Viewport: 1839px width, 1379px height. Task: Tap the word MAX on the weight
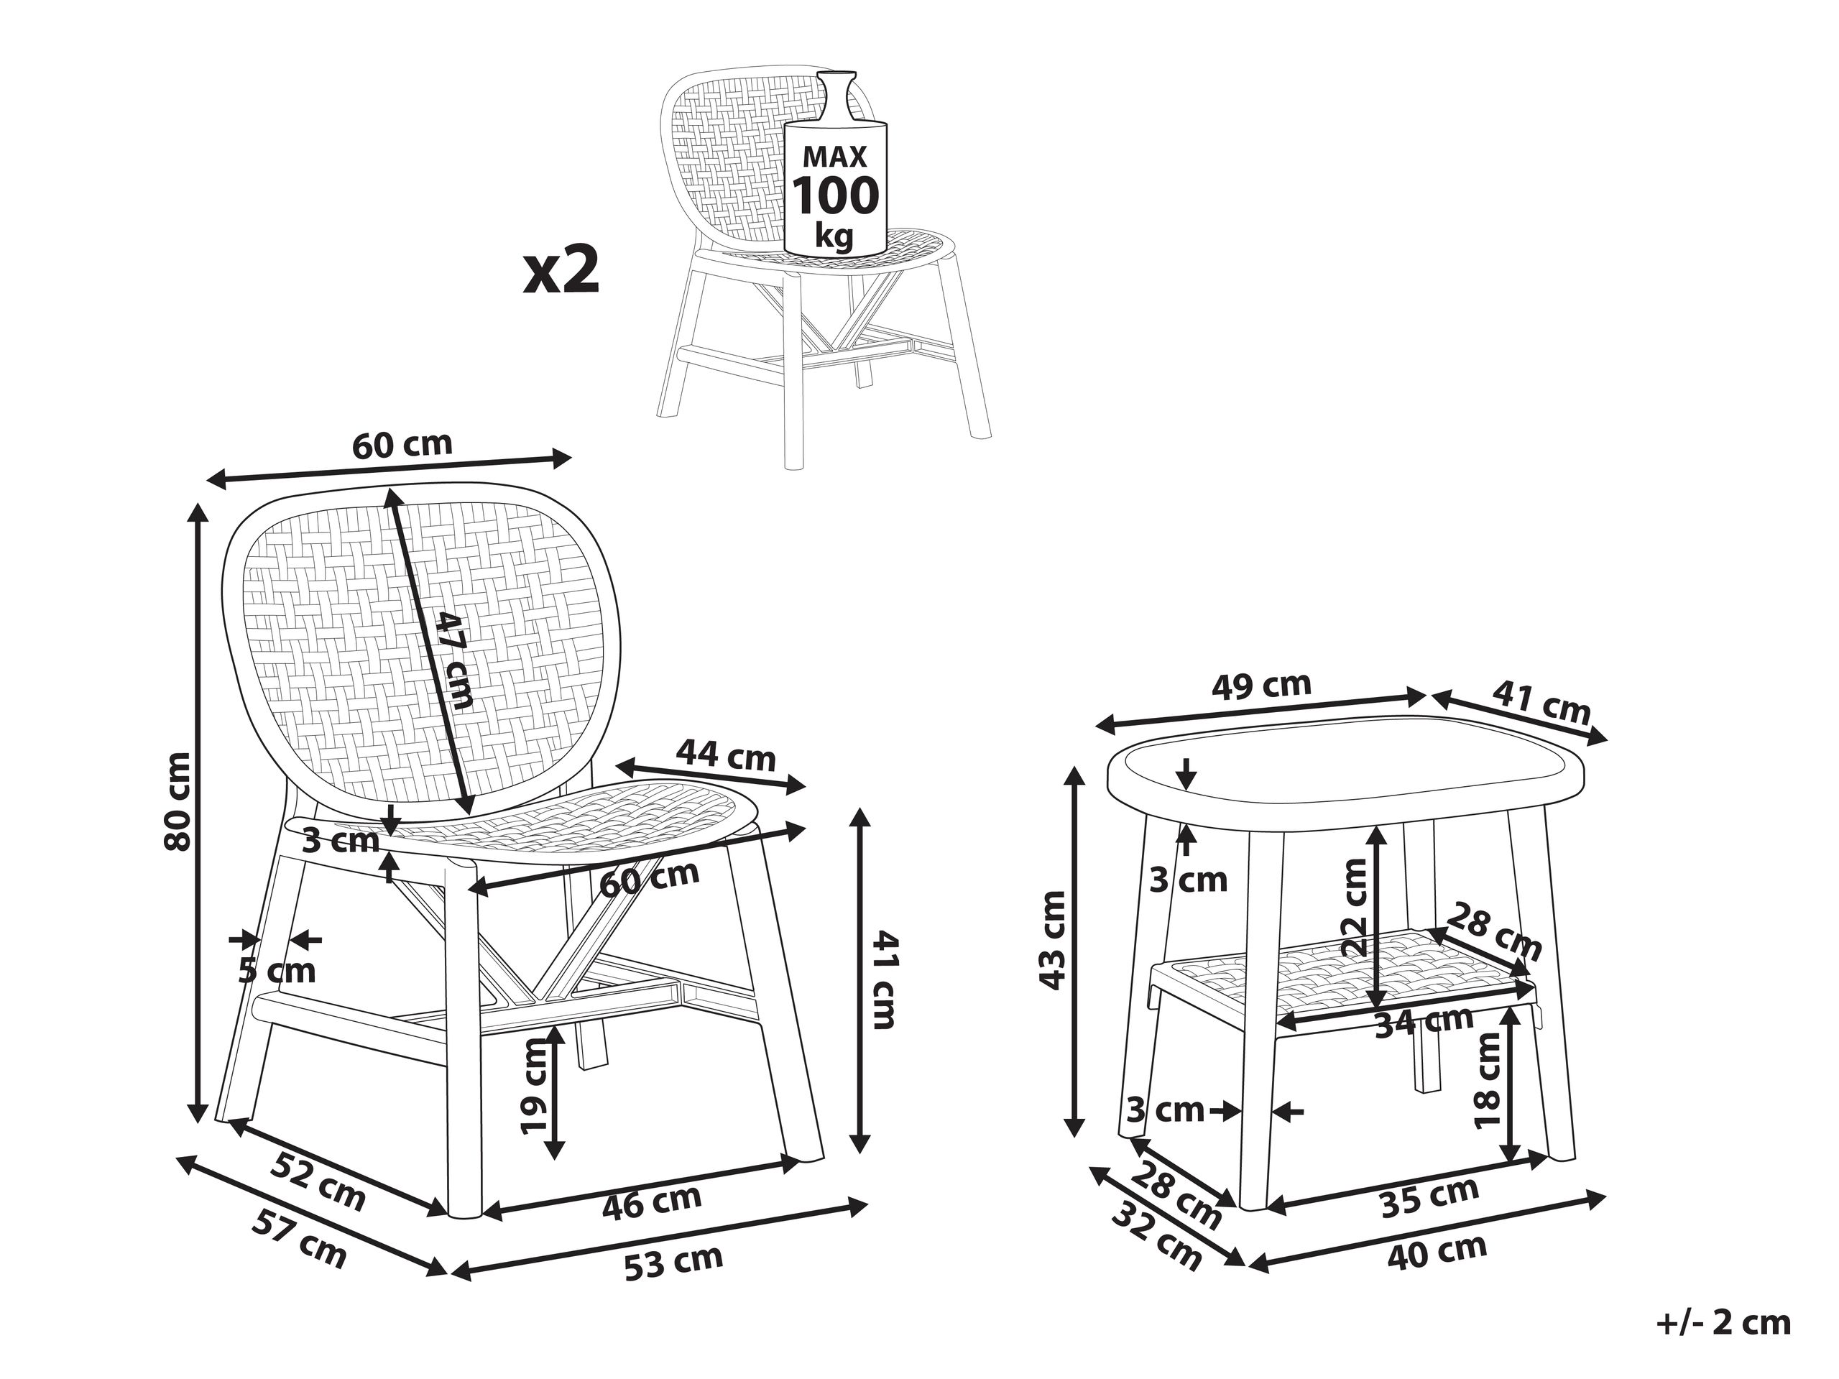[x=834, y=156]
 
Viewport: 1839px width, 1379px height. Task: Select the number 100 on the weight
[x=834, y=196]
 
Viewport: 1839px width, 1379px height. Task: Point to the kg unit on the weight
[x=834, y=237]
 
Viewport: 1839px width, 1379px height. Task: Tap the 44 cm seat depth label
[x=725, y=755]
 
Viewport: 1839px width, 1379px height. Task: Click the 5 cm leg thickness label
[x=277, y=970]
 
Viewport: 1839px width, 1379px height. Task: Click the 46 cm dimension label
[x=652, y=1200]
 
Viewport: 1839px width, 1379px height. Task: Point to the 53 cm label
[x=673, y=1260]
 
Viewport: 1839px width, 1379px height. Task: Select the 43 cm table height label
[x=1054, y=939]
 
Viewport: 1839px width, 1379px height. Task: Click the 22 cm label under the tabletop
[x=1353, y=907]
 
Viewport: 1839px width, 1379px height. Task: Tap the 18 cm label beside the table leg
[x=1488, y=1081]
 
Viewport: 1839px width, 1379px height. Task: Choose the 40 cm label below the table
[x=1437, y=1251]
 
